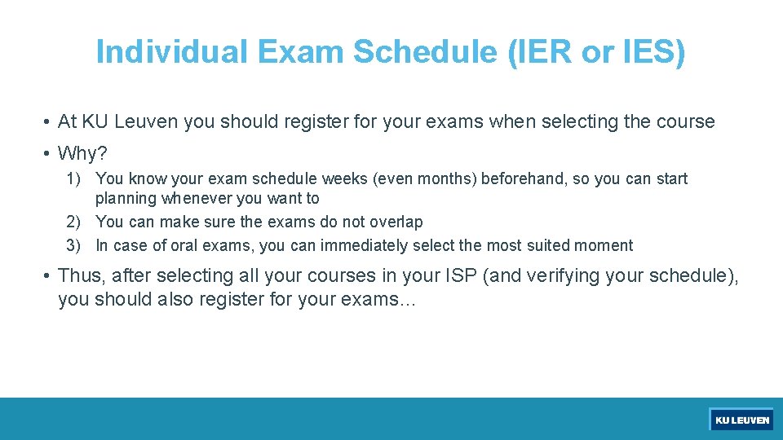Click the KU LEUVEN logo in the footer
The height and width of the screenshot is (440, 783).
(x=741, y=420)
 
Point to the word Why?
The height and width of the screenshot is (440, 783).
(x=82, y=153)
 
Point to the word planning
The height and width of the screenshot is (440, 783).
(x=126, y=198)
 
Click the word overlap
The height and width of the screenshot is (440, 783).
(x=396, y=222)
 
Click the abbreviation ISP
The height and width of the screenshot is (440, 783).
(x=456, y=276)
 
